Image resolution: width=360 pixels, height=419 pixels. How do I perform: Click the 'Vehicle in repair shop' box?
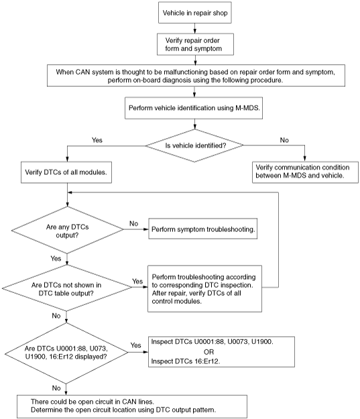(x=195, y=13)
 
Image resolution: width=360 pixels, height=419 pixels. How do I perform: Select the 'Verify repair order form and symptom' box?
(x=195, y=44)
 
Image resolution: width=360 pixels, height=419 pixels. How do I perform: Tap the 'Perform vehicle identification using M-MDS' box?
(x=194, y=108)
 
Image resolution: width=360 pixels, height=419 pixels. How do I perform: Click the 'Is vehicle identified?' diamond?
(x=194, y=145)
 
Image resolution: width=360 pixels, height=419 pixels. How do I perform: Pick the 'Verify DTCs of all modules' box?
(x=66, y=172)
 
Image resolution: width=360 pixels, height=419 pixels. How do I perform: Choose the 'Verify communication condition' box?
(x=305, y=172)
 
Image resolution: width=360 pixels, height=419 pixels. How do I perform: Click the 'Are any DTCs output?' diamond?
(x=67, y=230)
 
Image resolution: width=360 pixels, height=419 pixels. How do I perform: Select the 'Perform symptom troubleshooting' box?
(x=203, y=229)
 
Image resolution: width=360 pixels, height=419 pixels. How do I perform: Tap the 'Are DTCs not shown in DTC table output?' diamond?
(x=67, y=288)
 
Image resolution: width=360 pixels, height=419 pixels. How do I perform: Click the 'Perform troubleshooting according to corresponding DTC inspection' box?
(x=204, y=288)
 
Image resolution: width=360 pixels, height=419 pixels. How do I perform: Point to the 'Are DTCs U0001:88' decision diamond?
(x=66, y=353)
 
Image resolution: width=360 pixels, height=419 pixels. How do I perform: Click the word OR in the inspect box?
(x=208, y=352)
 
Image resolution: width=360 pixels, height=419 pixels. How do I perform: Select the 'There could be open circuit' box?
(x=132, y=406)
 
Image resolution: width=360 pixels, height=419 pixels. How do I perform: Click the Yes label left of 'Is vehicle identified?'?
(x=97, y=140)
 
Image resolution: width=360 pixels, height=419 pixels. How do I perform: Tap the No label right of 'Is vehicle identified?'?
(x=284, y=140)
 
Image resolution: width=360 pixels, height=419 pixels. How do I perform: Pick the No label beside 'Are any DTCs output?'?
(x=133, y=223)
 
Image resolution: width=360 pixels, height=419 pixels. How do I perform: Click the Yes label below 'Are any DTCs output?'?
(x=56, y=258)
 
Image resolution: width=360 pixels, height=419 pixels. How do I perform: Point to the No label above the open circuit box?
(x=56, y=387)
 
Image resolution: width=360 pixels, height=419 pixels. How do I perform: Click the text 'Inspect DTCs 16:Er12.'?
(x=186, y=361)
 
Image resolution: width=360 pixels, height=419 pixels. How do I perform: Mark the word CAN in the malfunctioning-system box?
(x=83, y=72)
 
